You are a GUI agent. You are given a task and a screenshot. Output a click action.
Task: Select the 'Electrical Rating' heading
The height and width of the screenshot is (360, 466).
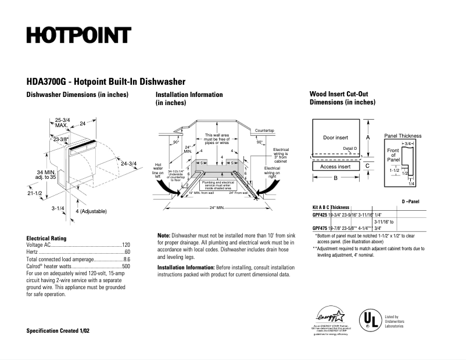point(46,238)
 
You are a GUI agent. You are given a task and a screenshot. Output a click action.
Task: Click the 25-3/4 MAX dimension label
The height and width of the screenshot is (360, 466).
point(62,123)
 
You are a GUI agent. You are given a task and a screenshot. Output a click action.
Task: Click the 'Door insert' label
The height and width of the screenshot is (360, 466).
point(335,138)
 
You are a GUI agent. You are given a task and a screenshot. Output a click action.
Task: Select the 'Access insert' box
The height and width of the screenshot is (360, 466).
point(336,167)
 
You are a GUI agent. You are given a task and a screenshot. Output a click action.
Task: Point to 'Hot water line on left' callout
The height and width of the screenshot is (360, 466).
point(157,168)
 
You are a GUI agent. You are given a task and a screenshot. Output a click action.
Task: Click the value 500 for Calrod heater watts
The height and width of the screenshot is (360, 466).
point(126,266)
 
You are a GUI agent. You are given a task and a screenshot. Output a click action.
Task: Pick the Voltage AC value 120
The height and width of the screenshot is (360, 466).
point(126,245)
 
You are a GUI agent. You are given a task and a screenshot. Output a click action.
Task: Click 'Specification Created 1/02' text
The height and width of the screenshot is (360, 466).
point(58,330)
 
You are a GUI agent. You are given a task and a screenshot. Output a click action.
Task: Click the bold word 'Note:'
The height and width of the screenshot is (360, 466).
point(164,235)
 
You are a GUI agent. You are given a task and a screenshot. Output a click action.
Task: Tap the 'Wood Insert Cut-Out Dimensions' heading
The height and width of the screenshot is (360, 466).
point(342,98)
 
